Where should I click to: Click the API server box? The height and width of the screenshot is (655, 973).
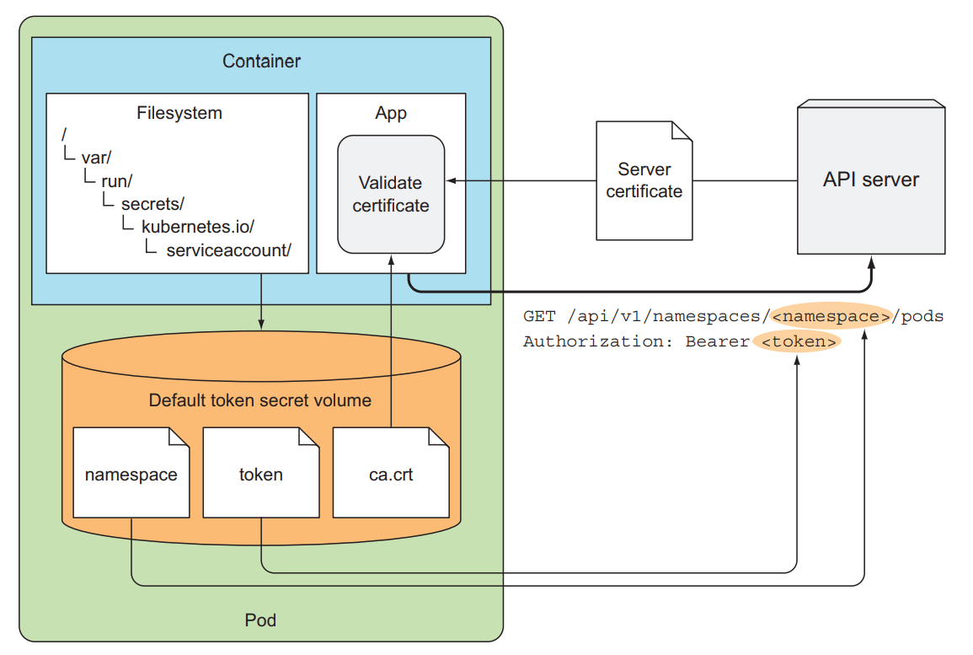click(871, 179)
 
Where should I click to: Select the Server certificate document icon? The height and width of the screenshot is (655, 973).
click(644, 180)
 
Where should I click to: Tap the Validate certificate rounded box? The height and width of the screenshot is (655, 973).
click(391, 194)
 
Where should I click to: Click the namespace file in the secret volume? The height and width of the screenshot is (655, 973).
click(131, 474)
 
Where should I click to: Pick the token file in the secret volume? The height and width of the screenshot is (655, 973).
click(261, 474)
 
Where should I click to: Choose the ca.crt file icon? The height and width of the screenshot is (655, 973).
click(391, 474)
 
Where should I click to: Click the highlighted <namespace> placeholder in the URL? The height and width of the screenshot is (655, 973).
click(831, 317)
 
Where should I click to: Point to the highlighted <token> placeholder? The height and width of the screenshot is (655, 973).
click(797, 341)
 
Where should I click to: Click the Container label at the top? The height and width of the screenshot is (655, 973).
click(261, 62)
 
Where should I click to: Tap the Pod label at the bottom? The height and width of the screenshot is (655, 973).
click(260, 620)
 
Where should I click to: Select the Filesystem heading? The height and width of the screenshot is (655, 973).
click(179, 113)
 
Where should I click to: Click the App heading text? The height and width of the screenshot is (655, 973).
click(391, 113)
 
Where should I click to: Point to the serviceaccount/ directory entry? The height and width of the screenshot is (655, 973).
click(228, 250)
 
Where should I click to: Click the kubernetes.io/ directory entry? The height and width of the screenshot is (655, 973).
click(198, 227)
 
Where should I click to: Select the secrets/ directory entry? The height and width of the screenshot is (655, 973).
click(152, 204)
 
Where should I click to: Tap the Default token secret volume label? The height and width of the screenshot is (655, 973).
click(260, 400)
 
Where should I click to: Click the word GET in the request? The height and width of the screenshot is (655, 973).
click(538, 317)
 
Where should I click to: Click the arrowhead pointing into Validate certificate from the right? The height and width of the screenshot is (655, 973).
click(451, 180)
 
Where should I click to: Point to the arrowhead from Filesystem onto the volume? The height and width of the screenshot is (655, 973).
click(261, 325)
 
